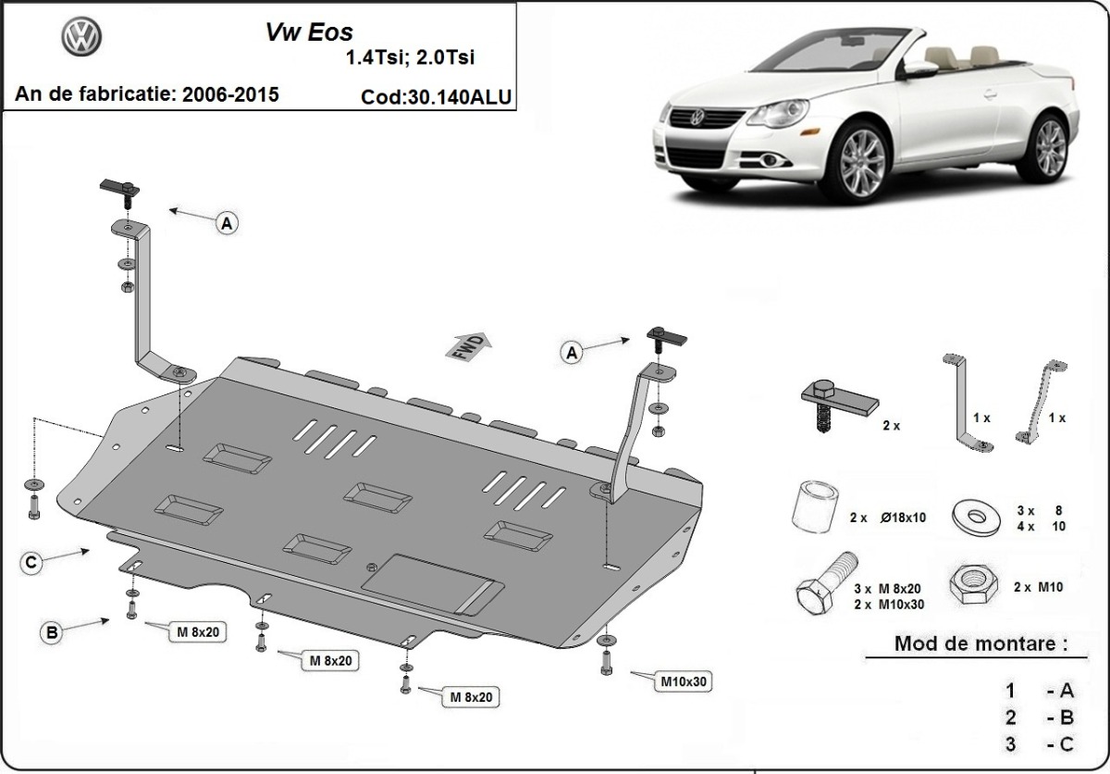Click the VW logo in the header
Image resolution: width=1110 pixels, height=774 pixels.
(81, 37)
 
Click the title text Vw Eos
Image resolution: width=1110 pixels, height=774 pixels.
(302, 32)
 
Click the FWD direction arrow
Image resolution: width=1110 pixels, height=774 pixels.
(470, 345)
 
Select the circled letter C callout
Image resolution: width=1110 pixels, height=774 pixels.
(31, 562)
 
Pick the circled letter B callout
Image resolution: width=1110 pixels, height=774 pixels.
(53, 633)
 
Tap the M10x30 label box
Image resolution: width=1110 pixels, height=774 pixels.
(684, 682)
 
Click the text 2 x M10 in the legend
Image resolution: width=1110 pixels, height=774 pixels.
(1037, 587)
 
